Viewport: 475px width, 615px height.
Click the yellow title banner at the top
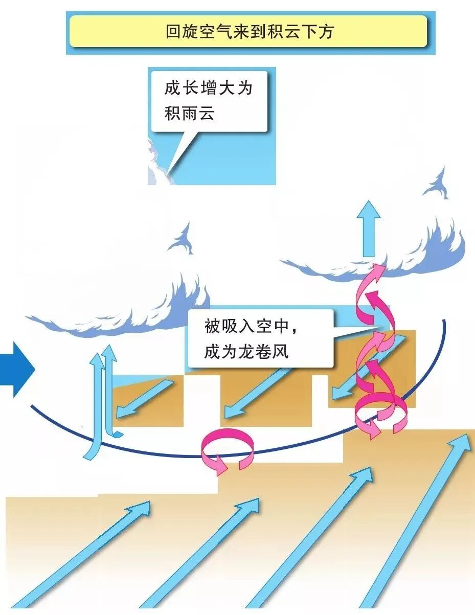point(248,31)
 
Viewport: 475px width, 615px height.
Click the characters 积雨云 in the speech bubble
point(189,113)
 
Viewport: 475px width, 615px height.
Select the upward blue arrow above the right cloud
point(368,227)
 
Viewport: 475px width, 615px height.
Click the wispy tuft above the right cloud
point(438,185)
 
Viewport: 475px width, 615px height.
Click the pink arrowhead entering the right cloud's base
point(378,269)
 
